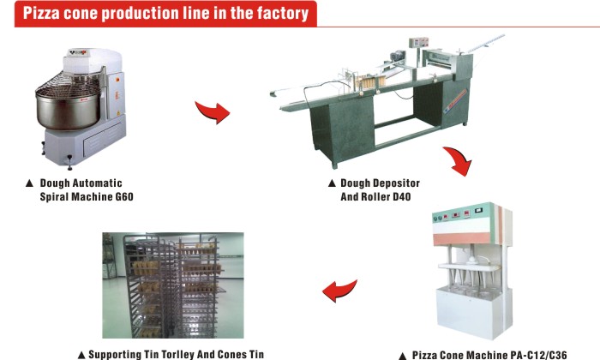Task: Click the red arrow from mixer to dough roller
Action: pyautogui.click(x=213, y=111)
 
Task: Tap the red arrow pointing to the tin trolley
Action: pyautogui.click(x=338, y=291)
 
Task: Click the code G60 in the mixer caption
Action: pyautogui.click(x=122, y=196)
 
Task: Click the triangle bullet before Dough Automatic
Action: pyautogui.click(x=29, y=183)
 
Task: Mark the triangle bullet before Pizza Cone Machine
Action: pyautogui.click(x=401, y=354)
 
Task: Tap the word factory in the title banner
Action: pyautogui.click(x=277, y=13)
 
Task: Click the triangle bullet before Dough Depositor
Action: pyautogui.click(x=331, y=183)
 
